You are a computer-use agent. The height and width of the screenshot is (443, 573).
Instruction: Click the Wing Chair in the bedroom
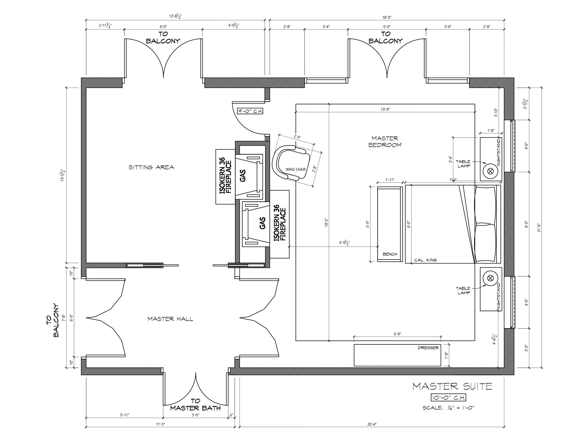[x=291, y=163]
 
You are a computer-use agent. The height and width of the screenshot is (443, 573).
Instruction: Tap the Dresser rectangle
[x=397, y=355]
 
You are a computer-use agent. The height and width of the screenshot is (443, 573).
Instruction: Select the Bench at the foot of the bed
[x=390, y=224]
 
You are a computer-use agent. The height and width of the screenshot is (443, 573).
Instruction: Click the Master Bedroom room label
[x=385, y=141]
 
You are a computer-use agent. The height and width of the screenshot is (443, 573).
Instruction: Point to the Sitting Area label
[x=151, y=167]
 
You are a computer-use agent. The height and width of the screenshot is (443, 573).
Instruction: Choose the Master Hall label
[x=170, y=319]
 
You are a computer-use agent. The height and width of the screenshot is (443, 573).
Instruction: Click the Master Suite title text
[x=452, y=386]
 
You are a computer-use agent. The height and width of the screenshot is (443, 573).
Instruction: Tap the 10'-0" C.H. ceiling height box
[x=448, y=398]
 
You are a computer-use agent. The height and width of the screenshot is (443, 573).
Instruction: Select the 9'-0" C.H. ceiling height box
[x=250, y=111]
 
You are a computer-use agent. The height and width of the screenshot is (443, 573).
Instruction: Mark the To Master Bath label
[x=196, y=405]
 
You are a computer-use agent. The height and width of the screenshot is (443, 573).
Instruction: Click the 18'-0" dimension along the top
[x=387, y=18]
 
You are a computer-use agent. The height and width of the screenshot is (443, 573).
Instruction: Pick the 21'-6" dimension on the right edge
[x=538, y=227]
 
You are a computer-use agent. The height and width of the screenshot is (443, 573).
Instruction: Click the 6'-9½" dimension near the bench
[x=344, y=243]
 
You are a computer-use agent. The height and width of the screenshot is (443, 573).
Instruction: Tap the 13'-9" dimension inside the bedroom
[x=385, y=109]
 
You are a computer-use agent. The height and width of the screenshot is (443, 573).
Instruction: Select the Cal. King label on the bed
[x=425, y=260]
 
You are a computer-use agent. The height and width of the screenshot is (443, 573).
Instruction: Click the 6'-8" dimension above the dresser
[x=397, y=334]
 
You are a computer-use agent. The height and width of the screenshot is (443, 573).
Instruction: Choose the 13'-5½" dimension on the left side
[x=63, y=175]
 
